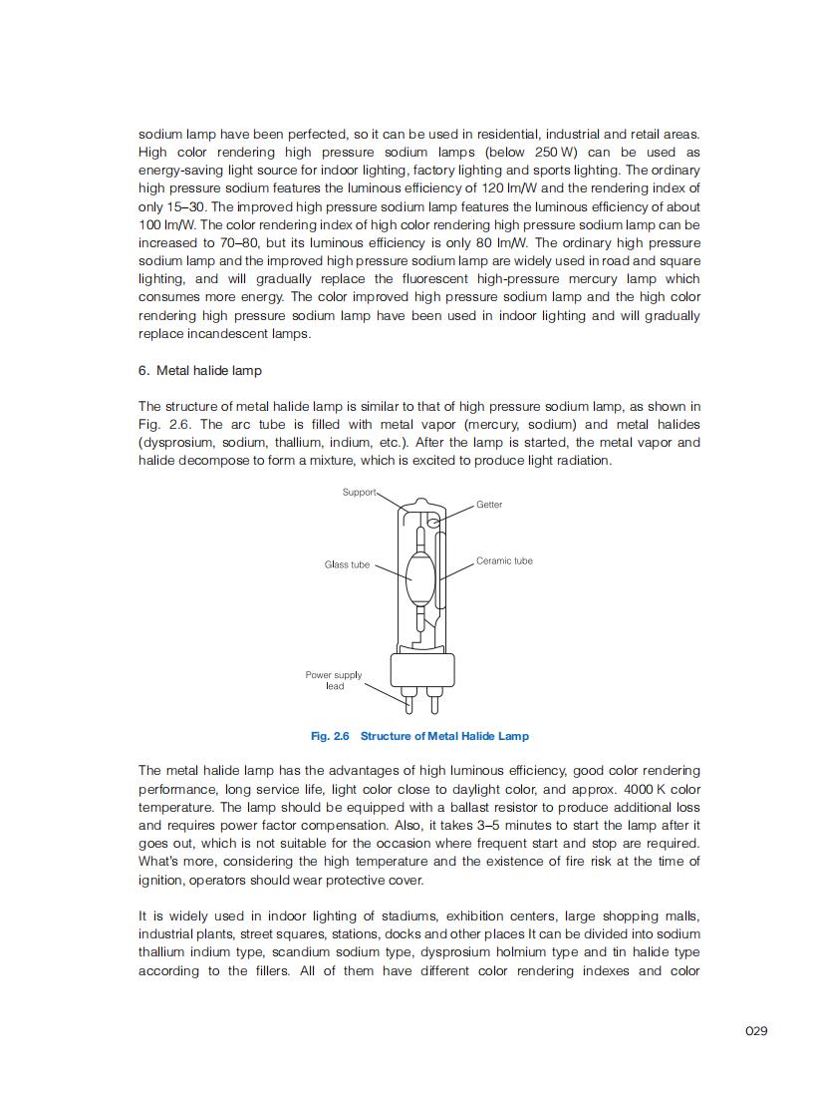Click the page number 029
point(755,1030)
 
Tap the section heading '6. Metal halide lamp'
point(200,370)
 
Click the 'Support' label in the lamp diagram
point(359,492)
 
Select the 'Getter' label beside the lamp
point(489,505)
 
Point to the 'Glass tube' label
point(347,564)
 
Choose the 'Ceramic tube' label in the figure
point(504,560)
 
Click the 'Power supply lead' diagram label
point(334,680)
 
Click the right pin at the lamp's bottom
point(435,701)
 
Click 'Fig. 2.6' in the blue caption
point(330,736)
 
